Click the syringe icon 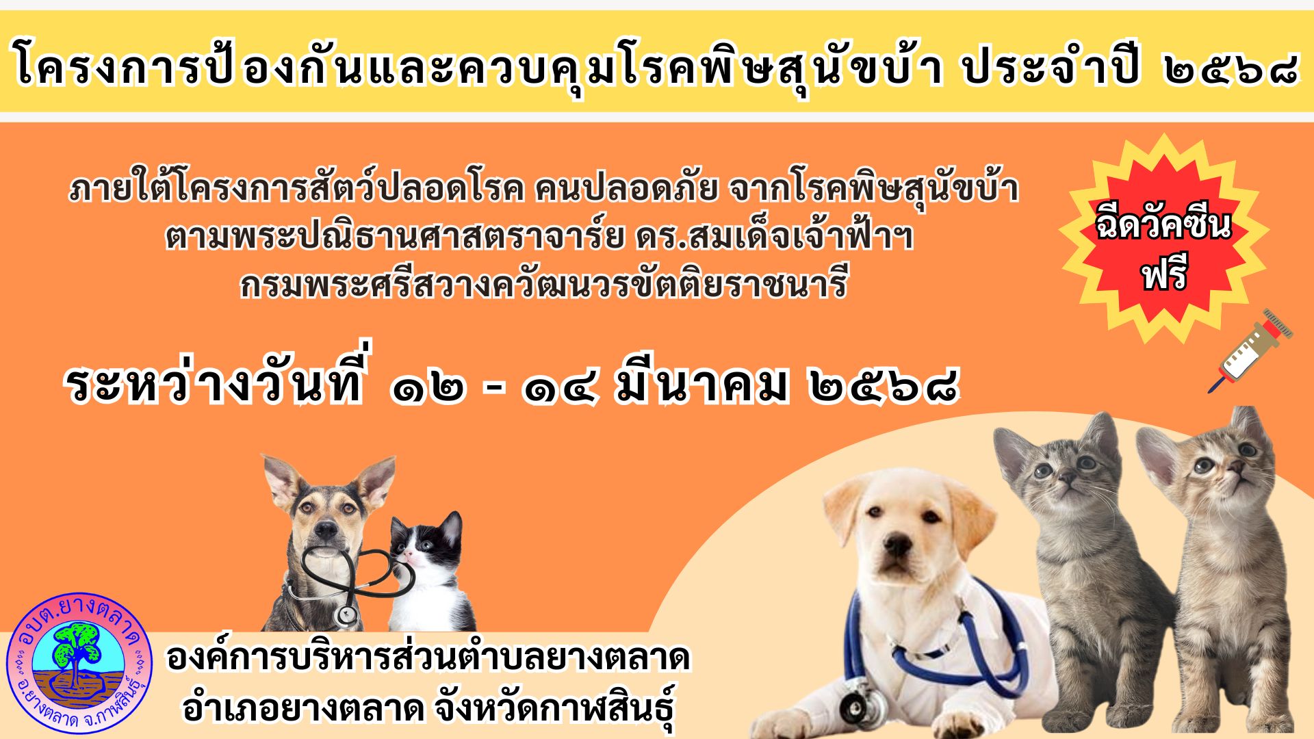[x=1250, y=351]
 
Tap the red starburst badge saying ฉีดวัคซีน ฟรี [x=1163, y=238]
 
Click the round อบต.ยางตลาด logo [x=79, y=664]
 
